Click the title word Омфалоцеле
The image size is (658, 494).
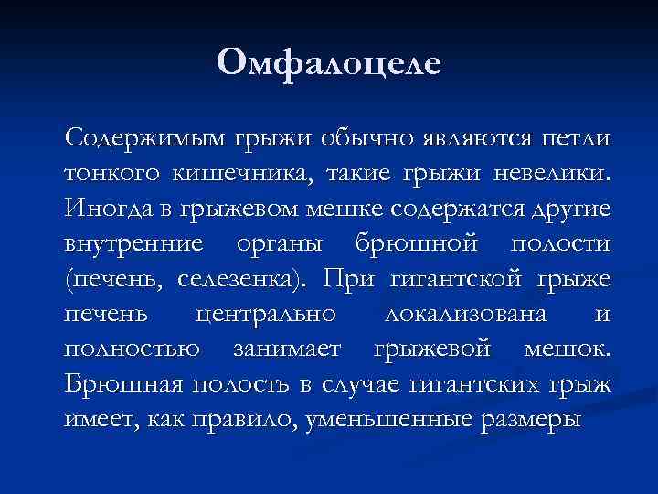click(x=329, y=62)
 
